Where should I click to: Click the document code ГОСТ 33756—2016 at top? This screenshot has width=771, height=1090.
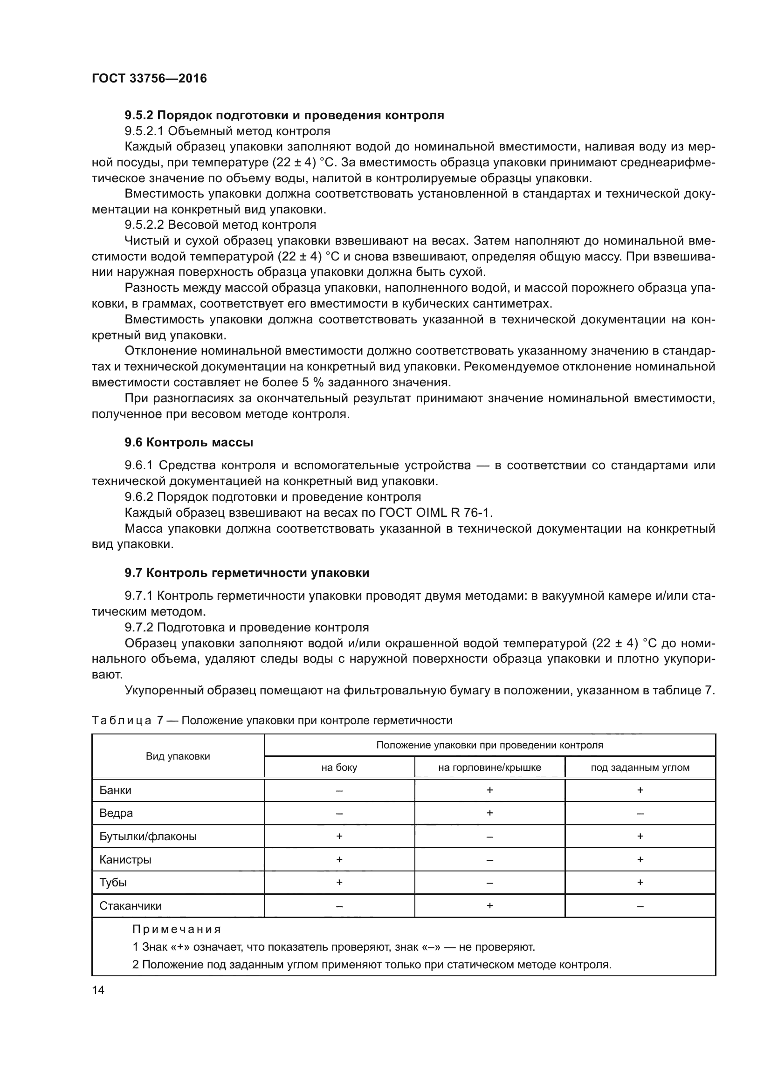pos(149,78)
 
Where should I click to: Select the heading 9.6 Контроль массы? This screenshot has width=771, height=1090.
pos(188,442)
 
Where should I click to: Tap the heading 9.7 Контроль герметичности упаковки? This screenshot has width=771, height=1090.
pos(247,573)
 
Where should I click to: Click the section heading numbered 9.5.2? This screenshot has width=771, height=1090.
pos(284,116)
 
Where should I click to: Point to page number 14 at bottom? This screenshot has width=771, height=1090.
pos(98,990)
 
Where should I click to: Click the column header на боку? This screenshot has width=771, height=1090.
pos(339,768)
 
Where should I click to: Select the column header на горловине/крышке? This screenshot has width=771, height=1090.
pos(489,768)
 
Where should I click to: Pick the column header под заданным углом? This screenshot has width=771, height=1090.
pos(640,768)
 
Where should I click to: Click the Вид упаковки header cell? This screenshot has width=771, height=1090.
pos(178,756)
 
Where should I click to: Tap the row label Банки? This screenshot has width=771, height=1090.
pos(115,790)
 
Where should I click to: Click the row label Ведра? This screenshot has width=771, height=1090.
pos(116,813)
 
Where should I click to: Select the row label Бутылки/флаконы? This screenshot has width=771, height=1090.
pos(148,836)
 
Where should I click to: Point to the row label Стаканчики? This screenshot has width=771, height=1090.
pos(131,906)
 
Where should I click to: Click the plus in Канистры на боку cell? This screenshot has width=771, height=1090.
pos(339,859)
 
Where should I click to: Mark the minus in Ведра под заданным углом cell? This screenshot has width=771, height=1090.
pos(640,814)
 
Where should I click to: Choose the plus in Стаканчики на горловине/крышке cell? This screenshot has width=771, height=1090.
pos(489,906)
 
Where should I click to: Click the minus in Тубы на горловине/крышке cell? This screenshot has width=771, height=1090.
pos(489,883)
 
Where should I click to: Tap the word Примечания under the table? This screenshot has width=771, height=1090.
pos(177,929)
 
